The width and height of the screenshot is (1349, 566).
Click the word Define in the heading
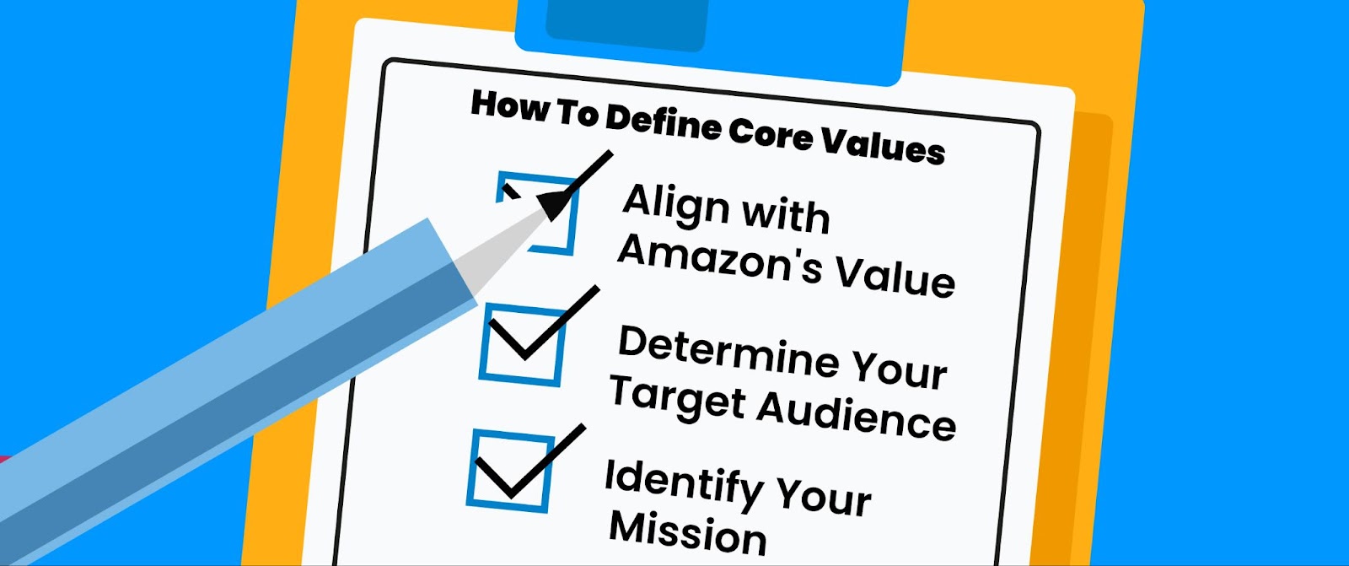click(x=663, y=126)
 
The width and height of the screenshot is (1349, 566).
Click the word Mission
click(x=687, y=534)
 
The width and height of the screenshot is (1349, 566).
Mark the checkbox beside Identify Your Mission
click(x=511, y=471)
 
